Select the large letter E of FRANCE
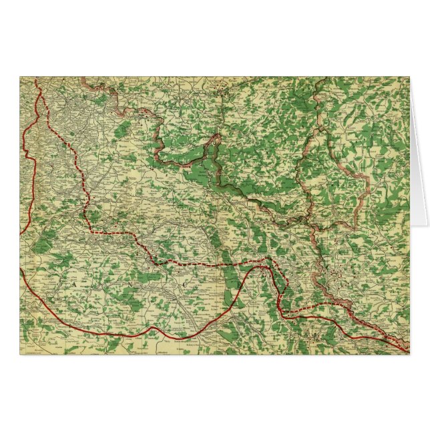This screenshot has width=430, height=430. pyautogui.click(x=238, y=284)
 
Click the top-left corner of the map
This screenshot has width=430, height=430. pyautogui.click(x=20, y=77)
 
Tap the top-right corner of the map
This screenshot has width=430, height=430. pyautogui.click(x=409, y=77)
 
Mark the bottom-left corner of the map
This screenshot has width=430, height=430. pyautogui.click(x=20, y=354)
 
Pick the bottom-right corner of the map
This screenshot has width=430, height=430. pyautogui.click(x=409, y=354)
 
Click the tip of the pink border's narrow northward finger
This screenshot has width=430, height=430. pyautogui.click(x=217, y=136)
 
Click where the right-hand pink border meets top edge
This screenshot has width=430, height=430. pyautogui.click(x=325, y=78)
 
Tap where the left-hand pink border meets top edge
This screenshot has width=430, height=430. pyautogui.click(x=83, y=78)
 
